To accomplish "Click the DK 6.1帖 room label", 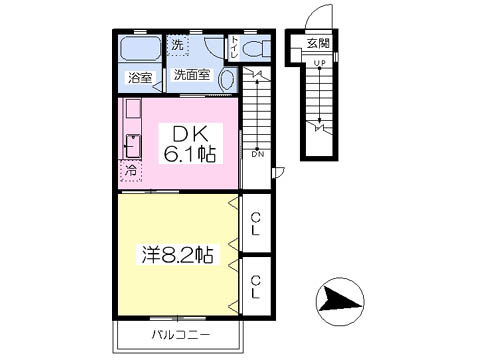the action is tap(190, 144).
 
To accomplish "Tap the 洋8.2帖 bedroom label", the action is tap(178, 255).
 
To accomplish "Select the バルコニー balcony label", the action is tap(181, 334).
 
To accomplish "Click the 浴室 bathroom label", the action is tap(140, 78).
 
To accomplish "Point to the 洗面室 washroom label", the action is tap(192, 75).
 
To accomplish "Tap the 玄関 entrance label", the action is tap(318, 43).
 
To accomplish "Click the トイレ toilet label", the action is tap(234, 48).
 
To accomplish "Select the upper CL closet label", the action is tap(256, 224).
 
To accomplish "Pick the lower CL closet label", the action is tap(256, 287).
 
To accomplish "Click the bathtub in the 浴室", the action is tap(140, 49).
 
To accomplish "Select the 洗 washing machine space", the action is tap(178, 45).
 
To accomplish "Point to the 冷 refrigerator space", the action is tap(131, 170).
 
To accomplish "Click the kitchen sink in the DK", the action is tap(133, 146).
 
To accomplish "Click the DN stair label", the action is tap(258, 154).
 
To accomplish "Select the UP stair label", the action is tap(319, 63).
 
